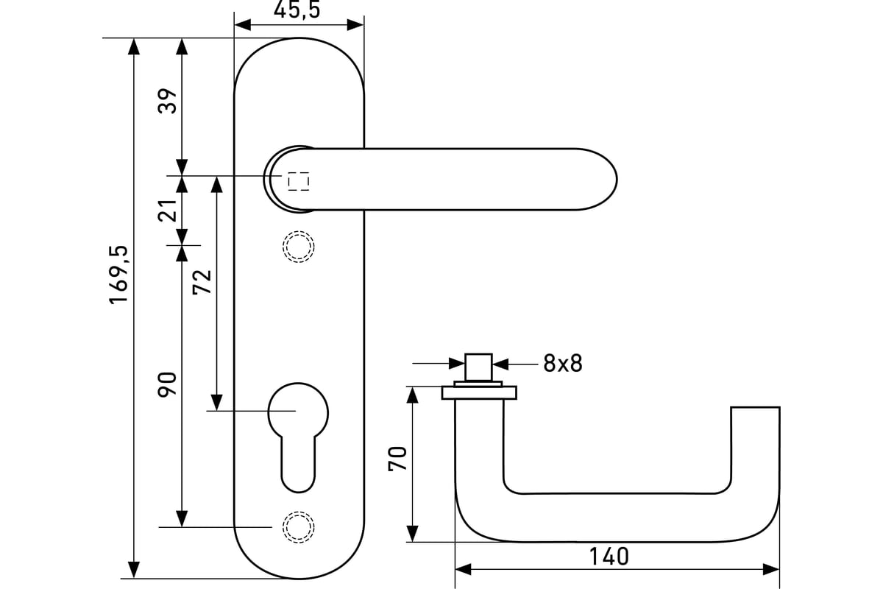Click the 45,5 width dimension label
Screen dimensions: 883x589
(297, 10)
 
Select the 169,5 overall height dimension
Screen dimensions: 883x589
(118, 275)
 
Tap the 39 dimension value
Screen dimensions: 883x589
(168, 101)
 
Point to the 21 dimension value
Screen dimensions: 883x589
(168, 211)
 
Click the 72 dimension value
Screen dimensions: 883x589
(202, 282)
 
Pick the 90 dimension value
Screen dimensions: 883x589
(167, 384)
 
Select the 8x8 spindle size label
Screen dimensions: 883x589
(562, 364)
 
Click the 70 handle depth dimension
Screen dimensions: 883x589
(397, 459)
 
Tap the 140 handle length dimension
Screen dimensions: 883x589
(609, 557)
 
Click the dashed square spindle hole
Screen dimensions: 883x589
(299, 181)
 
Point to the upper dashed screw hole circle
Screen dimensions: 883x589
(299, 247)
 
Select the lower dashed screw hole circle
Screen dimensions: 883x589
(299, 527)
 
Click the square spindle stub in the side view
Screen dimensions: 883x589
(478, 367)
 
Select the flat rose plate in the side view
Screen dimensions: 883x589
(479, 392)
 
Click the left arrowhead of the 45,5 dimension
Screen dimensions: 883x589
(242, 25)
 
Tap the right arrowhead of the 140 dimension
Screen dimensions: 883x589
(771, 570)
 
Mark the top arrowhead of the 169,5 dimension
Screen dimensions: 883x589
(135, 46)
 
